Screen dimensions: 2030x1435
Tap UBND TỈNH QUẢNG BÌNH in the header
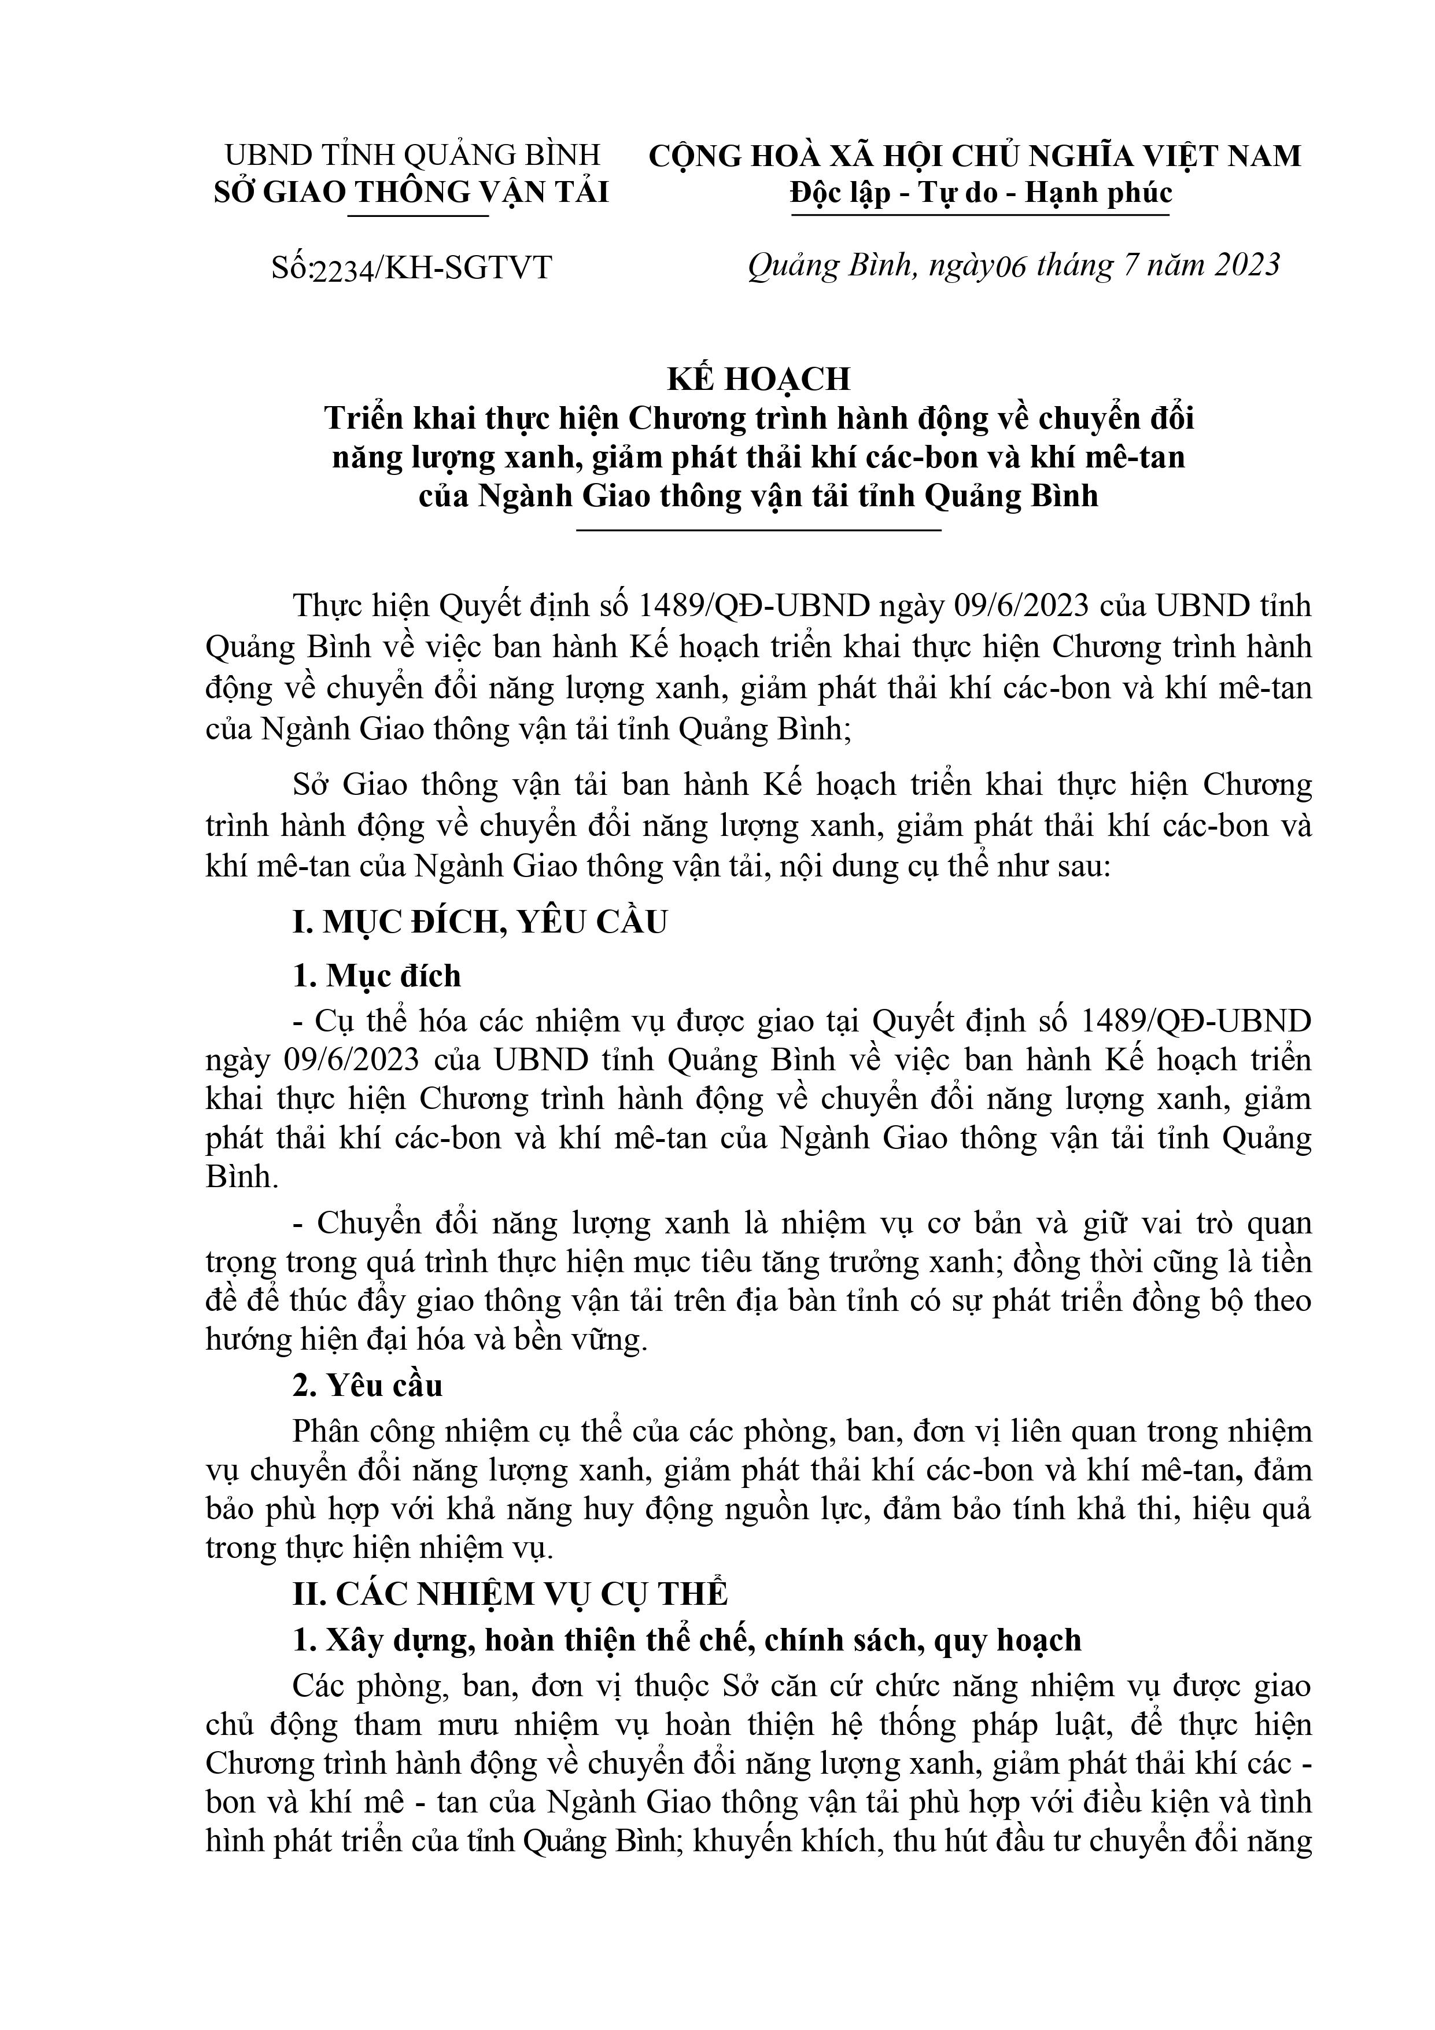pos(412,156)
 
